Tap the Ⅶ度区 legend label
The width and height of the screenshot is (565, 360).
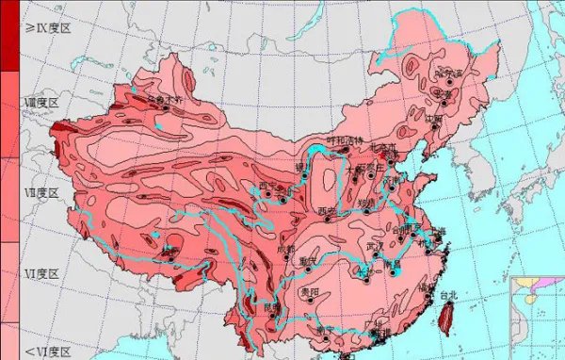click(40, 192)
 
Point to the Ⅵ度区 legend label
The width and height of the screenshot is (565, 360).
click(40, 273)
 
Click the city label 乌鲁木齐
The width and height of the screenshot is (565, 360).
click(168, 97)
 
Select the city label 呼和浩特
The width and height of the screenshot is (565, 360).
click(344, 141)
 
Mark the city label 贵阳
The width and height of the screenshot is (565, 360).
click(310, 293)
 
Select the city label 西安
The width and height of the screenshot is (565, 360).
click(327, 210)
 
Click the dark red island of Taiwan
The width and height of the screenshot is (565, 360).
click(444, 316)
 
